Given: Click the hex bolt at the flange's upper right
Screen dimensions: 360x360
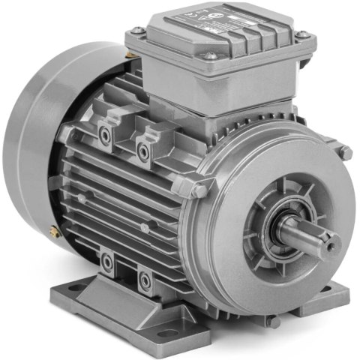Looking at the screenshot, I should (345, 153).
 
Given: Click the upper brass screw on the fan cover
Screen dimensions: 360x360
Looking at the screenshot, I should (129, 55).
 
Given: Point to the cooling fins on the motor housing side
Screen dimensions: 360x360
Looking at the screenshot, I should (127, 202).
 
